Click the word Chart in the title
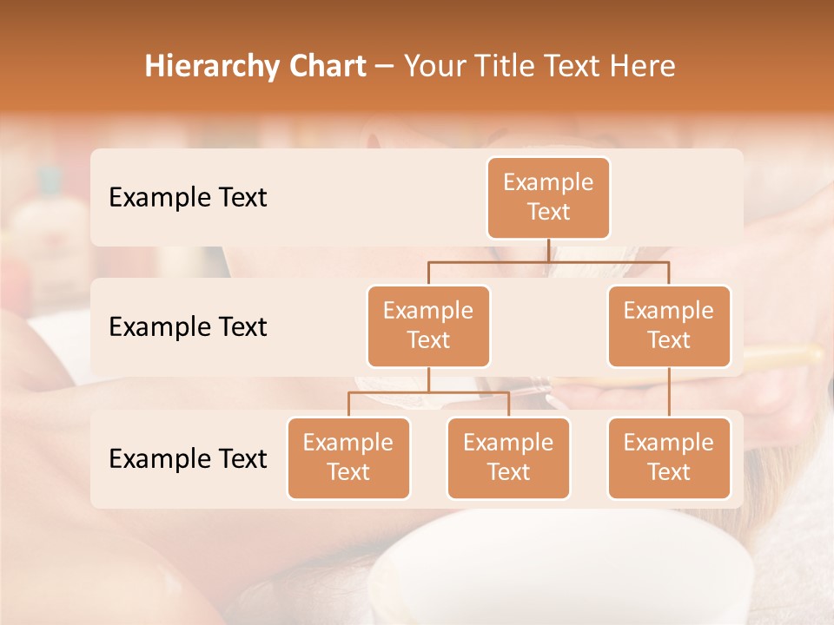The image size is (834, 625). point(327,66)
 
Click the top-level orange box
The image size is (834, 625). point(548,198)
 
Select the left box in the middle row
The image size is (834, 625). point(428,326)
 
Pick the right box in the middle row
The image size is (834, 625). point(669,326)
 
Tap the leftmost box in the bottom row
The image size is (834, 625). point(348,458)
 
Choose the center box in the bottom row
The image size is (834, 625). point(508,458)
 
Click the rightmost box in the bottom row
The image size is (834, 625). point(669,458)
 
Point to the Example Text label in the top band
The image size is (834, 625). point(188,198)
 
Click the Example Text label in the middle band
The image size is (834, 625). point(188,327)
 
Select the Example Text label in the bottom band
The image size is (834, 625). point(188,459)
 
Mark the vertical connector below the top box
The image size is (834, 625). point(548,250)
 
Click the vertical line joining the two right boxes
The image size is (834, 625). point(669,392)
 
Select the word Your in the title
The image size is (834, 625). point(432,66)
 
